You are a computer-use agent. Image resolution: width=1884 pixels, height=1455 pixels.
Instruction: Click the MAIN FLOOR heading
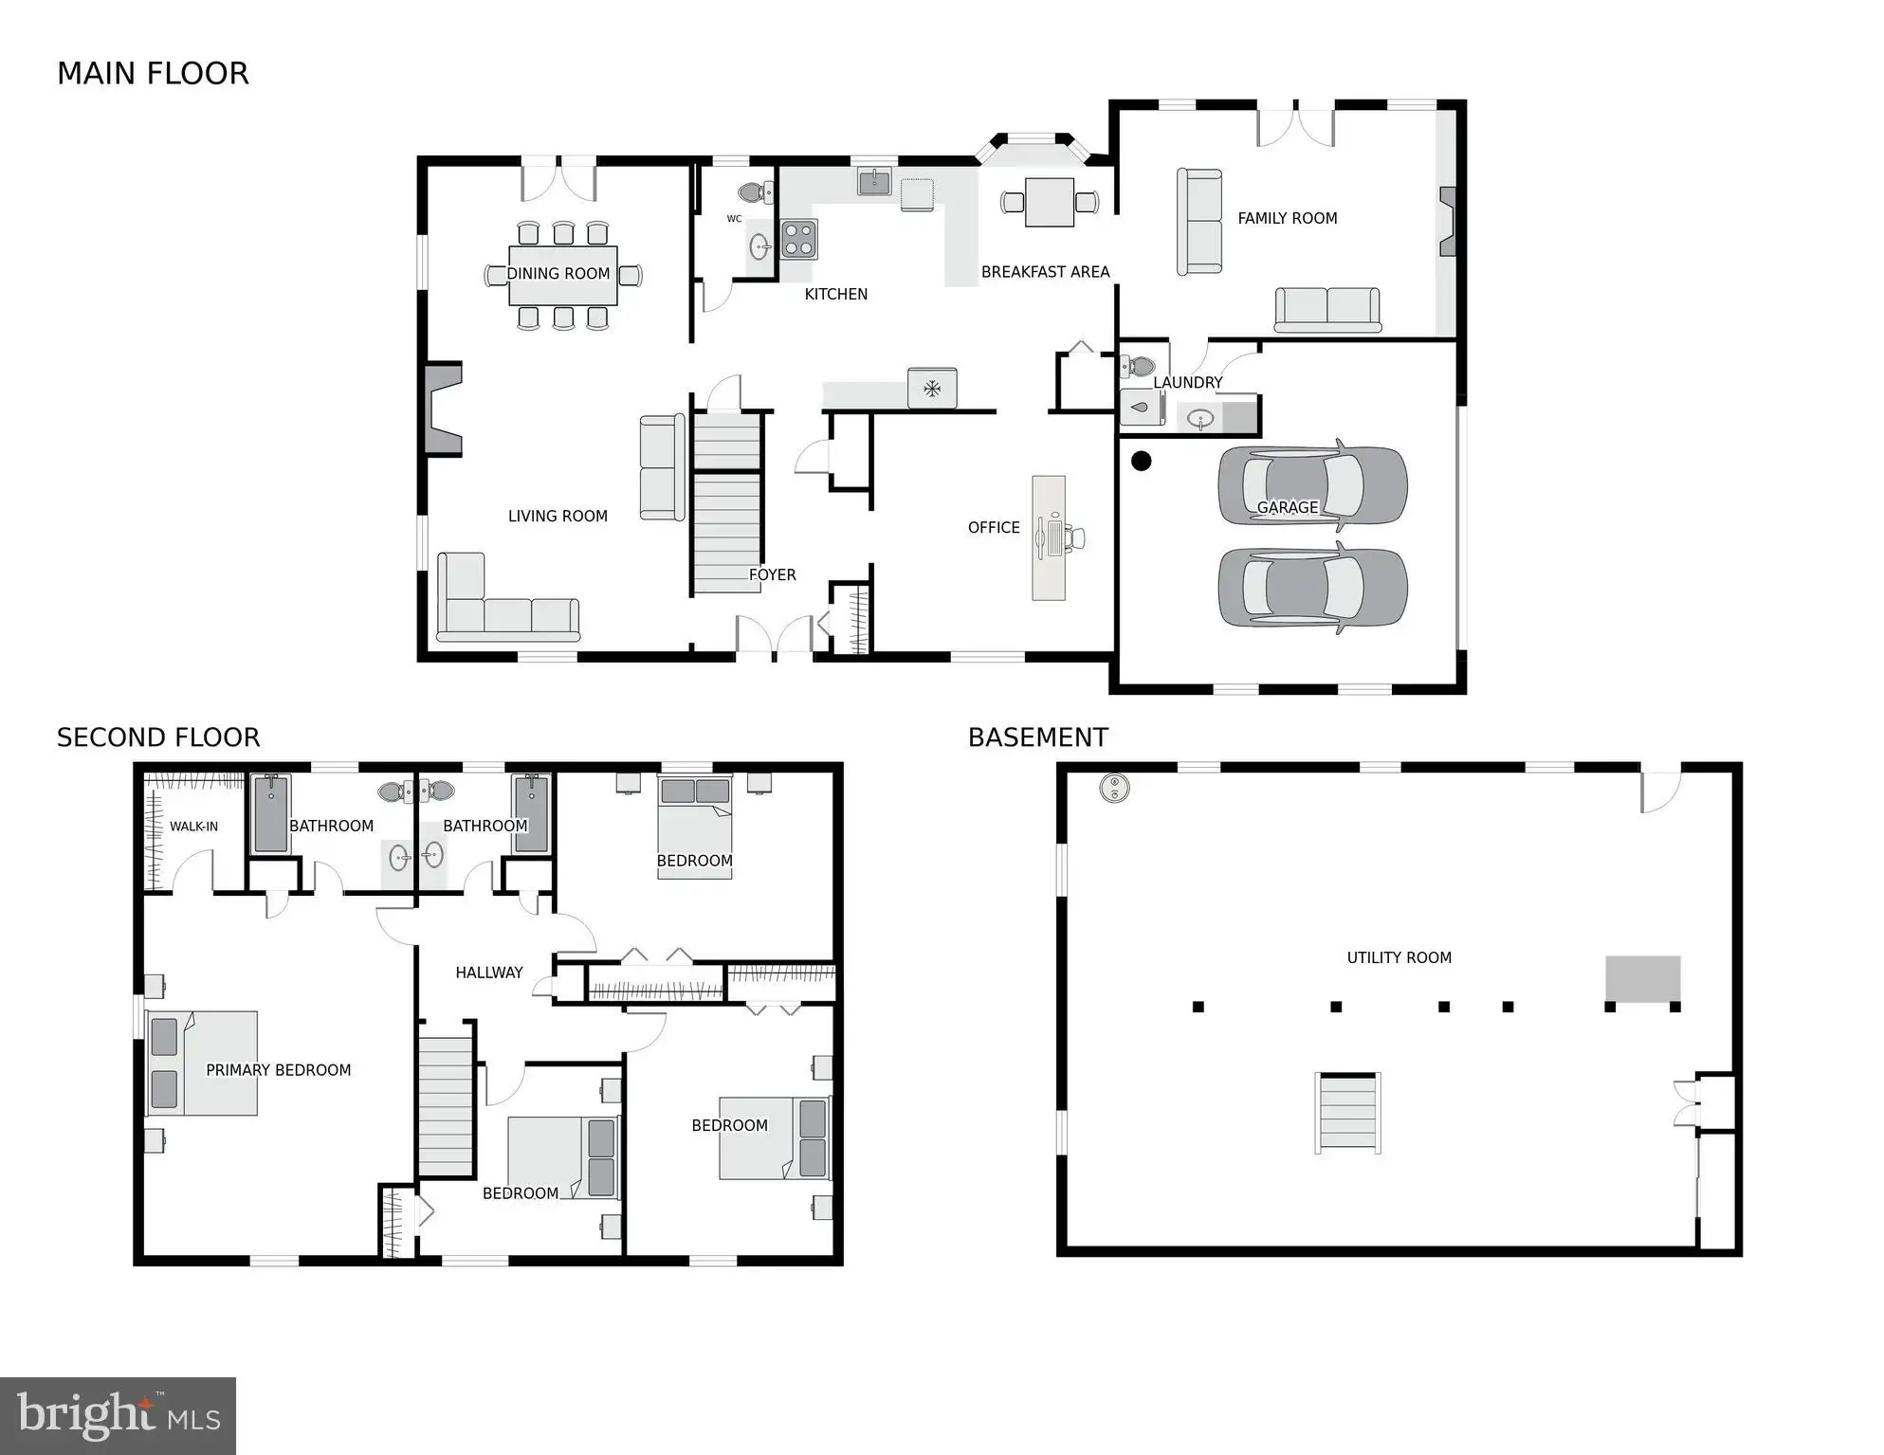[153, 73]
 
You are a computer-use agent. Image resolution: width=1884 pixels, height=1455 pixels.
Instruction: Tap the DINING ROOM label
[558, 273]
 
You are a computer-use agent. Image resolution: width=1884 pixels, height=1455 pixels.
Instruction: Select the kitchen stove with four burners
[799, 239]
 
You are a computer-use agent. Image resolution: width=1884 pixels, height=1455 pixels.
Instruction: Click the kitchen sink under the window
[874, 181]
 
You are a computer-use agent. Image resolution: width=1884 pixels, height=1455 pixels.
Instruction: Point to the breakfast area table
[1050, 202]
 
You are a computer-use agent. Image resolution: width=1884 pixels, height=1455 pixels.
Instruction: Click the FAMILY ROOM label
[1287, 218]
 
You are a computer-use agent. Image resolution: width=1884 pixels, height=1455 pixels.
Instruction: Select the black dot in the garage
[1142, 461]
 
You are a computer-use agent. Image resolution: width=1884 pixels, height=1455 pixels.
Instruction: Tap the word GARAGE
[1287, 507]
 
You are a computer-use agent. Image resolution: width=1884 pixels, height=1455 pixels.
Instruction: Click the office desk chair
[1074, 537]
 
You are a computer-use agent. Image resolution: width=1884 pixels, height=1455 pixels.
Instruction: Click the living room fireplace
[443, 409]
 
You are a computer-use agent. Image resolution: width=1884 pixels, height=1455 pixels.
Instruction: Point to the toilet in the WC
[756, 192]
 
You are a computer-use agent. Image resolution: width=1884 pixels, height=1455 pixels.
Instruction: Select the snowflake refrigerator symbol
[932, 388]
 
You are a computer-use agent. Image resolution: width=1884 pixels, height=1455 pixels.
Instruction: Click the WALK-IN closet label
[193, 827]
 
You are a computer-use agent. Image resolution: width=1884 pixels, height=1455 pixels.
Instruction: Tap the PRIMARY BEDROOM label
[278, 1070]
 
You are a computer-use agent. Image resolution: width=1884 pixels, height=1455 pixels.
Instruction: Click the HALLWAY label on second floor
[489, 973]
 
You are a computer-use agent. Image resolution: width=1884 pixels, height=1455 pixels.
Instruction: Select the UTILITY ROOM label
[1399, 957]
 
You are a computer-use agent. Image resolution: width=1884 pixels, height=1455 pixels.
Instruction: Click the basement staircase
[1347, 1113]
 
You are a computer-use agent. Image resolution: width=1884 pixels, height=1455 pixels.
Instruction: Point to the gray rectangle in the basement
[1642, 978]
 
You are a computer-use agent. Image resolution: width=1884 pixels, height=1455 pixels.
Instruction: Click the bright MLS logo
[118, 1416]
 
